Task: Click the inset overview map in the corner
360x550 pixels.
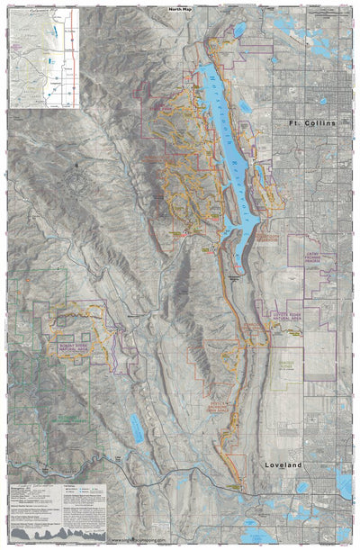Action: pyautogui.click(x=43, y=56)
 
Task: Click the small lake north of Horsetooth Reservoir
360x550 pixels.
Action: pyautogui.click(x=238, y=30)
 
